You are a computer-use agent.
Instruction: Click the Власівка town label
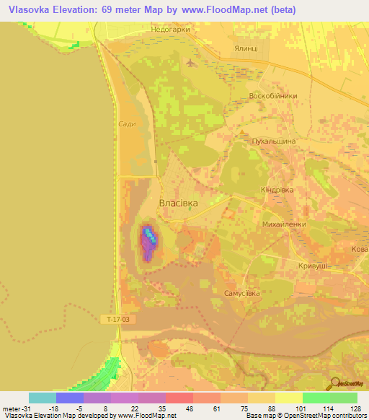tap(178, 204)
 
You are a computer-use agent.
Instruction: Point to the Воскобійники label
tap(272, 96)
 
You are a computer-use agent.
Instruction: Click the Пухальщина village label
tap(273, 142)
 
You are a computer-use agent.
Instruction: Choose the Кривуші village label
tap(313, 266)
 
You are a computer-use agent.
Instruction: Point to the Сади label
tap(128, 124)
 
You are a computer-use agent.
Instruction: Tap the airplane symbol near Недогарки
tap(190, 62)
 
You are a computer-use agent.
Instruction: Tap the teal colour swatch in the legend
tap(43, 398)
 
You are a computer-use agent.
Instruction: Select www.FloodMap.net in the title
tap(223, 9)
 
